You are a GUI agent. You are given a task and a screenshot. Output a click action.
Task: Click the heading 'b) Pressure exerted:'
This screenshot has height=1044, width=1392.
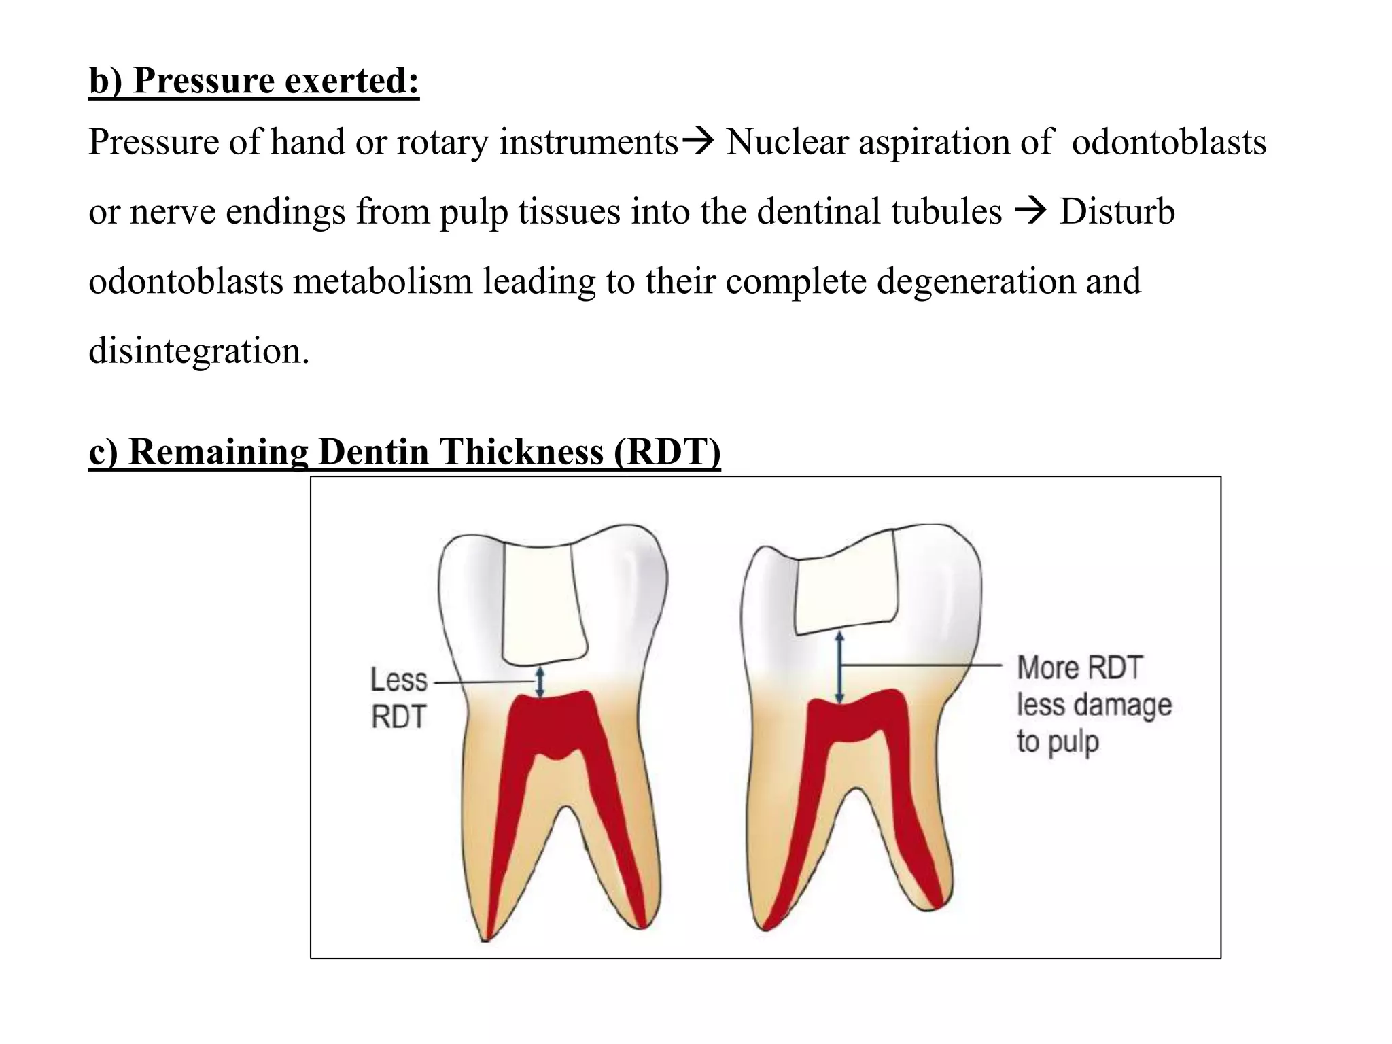[254, 81]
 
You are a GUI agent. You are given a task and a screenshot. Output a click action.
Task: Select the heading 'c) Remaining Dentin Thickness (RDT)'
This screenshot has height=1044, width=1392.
[404, 452]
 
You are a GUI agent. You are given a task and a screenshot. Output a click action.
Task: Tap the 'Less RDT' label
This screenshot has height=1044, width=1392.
[399, 698]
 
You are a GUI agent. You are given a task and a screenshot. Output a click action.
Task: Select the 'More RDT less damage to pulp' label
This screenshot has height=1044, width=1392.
[1094, 704]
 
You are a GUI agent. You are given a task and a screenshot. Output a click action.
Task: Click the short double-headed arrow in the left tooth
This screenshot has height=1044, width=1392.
[540, 682]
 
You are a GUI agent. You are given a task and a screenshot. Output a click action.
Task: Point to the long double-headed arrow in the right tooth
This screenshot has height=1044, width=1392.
[839, 667]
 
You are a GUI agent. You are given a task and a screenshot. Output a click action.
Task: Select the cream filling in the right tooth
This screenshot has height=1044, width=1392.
[847, 588]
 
